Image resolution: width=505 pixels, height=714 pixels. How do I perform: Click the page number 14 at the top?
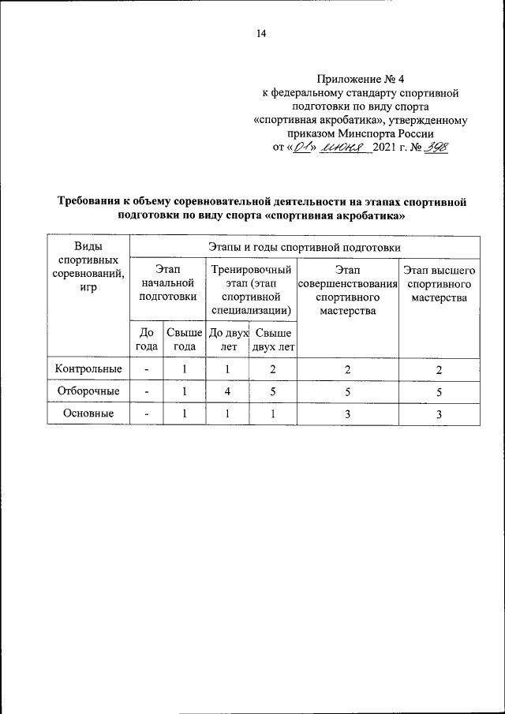point(261,33)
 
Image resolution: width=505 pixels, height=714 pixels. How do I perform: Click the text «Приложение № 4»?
point(360,78)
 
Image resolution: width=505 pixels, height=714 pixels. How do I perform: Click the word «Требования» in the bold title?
point(92,202)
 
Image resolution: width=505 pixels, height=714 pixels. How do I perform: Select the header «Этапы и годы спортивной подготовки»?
point(304,247)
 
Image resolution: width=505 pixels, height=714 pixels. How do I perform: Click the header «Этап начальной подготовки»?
point(167,283)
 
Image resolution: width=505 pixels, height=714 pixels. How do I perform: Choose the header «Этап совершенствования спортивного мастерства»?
point(348,290)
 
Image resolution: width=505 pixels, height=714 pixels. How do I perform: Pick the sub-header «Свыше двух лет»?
point(273,338)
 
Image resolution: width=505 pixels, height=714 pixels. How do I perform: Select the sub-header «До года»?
point(147,338)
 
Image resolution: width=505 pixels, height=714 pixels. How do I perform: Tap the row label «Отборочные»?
point(88,391)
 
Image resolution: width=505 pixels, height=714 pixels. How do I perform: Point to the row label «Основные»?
point(88,413)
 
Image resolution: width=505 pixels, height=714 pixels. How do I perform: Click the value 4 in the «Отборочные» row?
point(226,391)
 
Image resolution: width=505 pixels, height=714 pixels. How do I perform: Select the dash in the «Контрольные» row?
point(147,369)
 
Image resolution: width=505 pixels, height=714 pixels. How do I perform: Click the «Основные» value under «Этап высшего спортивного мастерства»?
point(440,414)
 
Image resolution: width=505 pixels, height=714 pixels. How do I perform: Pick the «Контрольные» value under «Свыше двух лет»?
point(273,369)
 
